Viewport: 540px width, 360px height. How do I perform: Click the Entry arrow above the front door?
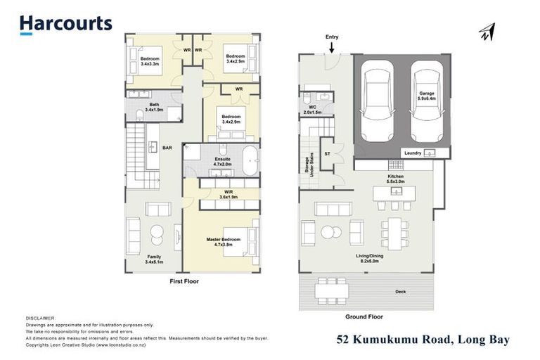331,47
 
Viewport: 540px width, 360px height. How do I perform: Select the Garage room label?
427,95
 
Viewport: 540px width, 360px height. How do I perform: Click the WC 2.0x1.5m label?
312,110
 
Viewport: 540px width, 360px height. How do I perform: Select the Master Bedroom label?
224,242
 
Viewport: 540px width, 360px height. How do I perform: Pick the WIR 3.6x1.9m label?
228,195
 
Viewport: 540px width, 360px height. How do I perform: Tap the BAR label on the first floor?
167,148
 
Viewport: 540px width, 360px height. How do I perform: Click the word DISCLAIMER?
41,319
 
